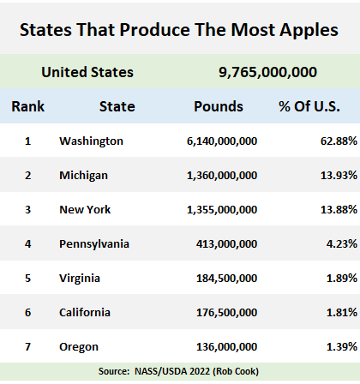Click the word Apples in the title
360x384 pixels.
309,30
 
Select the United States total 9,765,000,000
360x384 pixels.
267,72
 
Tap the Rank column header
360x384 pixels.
28,106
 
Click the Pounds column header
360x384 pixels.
219,106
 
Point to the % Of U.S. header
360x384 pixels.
309,106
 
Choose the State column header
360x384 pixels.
117,106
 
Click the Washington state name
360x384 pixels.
91,141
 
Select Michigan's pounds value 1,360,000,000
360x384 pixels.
222,176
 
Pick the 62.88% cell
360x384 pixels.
339,141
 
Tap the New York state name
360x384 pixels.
85,210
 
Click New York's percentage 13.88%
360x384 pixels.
339,210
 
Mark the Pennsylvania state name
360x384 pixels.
94,244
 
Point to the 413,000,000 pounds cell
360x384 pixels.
226,244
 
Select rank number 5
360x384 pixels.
27,279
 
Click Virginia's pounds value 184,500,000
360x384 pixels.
226,279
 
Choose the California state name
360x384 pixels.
85,313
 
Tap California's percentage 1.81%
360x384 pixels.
342,313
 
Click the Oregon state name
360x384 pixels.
79,347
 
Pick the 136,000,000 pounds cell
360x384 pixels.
226,347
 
